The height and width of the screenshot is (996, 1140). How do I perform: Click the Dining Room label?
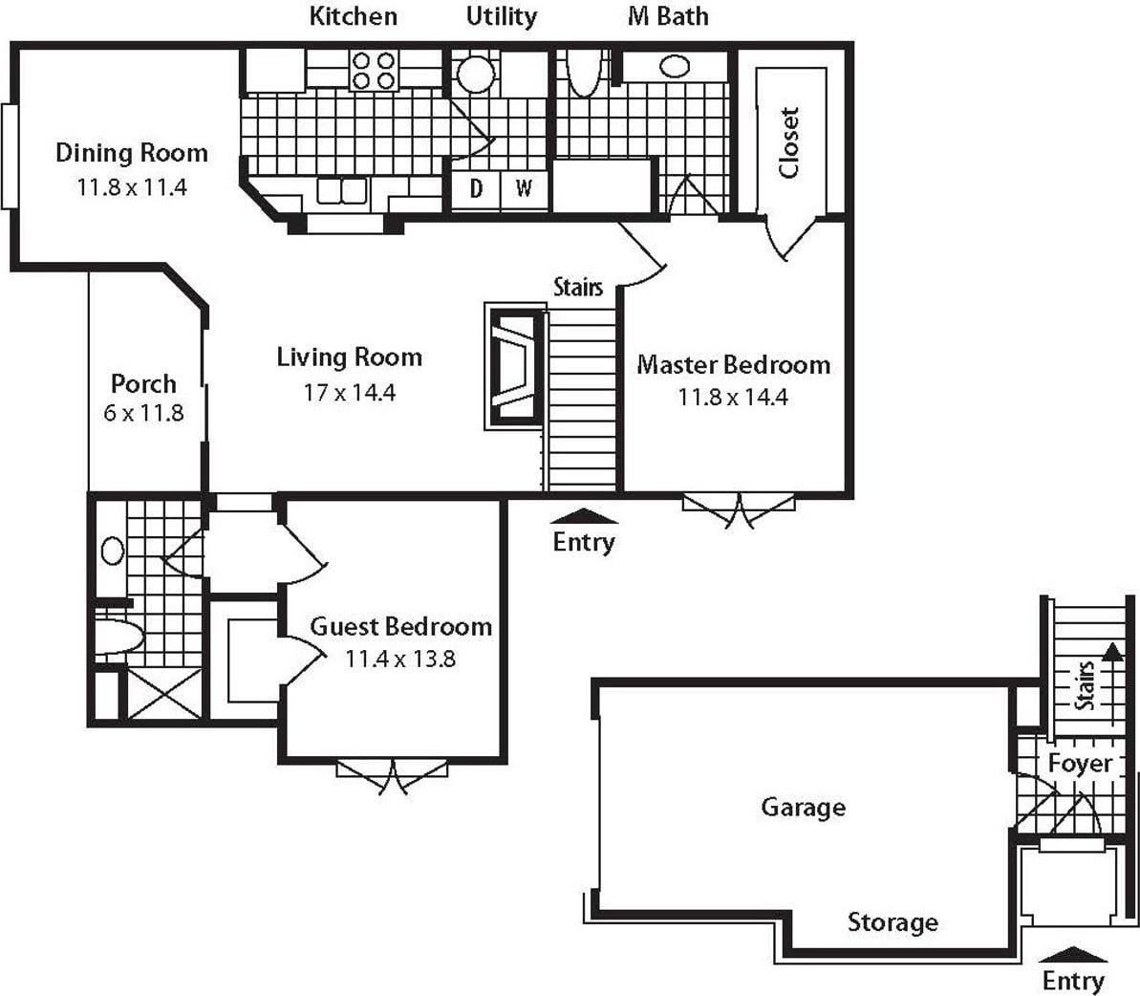[132, 153]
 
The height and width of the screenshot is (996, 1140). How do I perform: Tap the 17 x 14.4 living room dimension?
[350, 393]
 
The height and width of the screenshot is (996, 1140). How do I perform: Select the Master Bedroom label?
[734, 364]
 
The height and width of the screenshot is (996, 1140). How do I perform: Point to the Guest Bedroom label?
[400, 626]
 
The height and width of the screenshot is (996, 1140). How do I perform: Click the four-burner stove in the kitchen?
[374, 71]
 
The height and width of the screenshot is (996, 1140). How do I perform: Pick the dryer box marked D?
[476, 189]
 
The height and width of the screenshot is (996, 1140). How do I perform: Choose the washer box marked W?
[525, 189]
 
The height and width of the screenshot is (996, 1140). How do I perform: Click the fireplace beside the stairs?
[515, 367]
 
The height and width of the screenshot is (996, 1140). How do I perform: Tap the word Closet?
[789, 142]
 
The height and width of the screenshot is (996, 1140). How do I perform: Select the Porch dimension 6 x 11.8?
[144, 413]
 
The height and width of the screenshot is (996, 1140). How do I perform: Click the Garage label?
[804, 807]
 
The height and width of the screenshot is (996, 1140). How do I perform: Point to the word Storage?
[893, 921]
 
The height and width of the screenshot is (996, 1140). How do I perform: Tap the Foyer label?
[1081, 764]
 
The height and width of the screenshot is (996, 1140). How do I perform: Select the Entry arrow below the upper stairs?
[585, 516]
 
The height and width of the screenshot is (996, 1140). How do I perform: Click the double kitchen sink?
[342, 191]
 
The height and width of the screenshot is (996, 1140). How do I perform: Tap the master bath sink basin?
[675, 67]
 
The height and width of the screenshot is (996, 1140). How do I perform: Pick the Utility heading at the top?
[502, 16]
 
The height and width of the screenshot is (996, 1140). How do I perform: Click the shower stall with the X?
[165, 694]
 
